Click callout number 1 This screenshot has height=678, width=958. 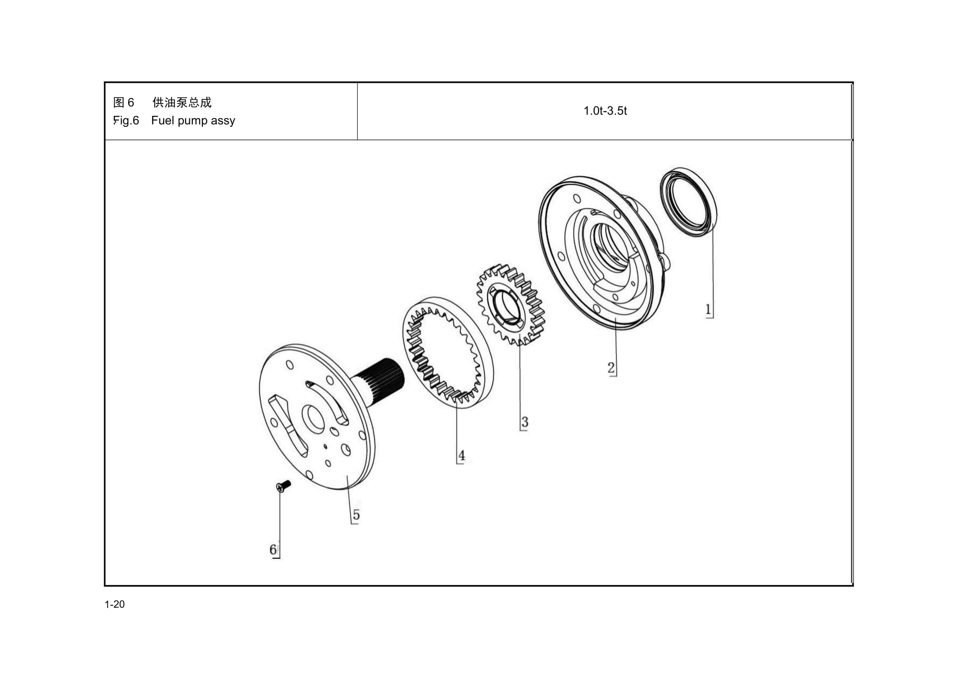click(x=708, y=309)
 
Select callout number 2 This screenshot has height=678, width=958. click(x=611, y=368)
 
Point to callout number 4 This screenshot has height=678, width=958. click(x=461, y=455)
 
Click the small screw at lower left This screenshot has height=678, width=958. click(x=283, y=486)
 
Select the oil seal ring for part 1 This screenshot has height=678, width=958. click(x=688, y=202)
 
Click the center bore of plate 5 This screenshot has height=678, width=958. click(x=313, y=418)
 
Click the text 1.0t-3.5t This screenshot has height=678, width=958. click(x=605, y=111)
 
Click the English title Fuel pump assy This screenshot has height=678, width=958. click(x=193, y=121)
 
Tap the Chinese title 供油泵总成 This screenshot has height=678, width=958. click(x=182, y=102)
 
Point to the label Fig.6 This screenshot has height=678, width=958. click(x=126, y=121)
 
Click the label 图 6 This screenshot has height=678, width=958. click(x=123, y=102)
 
